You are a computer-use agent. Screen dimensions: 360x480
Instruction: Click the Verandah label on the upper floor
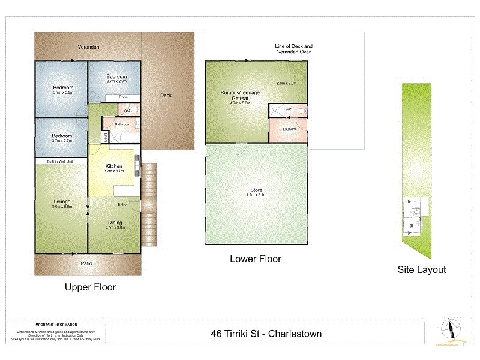tap(88, 47)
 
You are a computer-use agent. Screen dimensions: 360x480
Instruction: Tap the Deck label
tap(166, 95)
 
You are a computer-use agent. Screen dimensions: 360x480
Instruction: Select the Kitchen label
tap(114, 166)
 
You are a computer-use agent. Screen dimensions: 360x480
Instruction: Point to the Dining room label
tap(114, 223)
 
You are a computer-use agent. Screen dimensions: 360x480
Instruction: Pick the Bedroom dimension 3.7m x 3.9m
tap(62, 92)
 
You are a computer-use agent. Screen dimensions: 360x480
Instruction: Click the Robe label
tap(122, 97)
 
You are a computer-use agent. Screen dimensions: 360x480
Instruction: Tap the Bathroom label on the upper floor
tap(122, 124)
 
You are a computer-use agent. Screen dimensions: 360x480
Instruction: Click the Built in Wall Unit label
tap(61, 162)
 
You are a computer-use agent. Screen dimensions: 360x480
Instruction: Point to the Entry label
tap(122, 205)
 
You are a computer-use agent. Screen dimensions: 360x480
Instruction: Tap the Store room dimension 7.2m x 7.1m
tap(256, 195)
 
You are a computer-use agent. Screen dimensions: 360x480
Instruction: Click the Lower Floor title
tap(256, 259)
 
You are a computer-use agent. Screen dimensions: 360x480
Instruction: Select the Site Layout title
tap(422, 269)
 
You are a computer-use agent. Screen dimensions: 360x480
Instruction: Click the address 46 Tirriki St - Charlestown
tap(265, 333)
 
